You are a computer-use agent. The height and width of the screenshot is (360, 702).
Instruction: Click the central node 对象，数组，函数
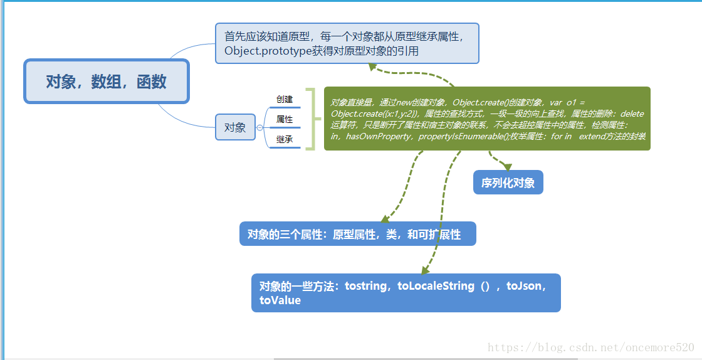(x=106, y=82)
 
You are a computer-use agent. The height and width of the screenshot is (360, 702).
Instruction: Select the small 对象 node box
(x=235, y=127)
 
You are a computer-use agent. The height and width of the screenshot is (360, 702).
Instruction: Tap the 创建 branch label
(x=285, y=99)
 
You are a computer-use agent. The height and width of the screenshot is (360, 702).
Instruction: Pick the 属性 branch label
(x=285, y=119)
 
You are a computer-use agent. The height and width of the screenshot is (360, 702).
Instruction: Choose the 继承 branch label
(x=285, y=139)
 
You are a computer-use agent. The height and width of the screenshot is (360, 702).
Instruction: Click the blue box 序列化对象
(x=508, y=183)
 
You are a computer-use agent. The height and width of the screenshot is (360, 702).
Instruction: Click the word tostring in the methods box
(x=366, y=286)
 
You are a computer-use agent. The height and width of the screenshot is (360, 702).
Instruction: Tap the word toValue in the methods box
(x=280, y=300)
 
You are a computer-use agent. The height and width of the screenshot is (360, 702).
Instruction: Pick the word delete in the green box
(x=632, y=114)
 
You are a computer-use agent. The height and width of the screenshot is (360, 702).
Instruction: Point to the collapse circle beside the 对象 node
(x=260, y=127)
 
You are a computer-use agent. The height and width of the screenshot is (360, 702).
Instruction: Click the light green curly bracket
(x=312, y=119)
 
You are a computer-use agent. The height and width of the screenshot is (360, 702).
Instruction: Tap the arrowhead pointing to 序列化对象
(x=507, y=167)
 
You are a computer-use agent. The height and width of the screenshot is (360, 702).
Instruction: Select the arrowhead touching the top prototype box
(x=374, y=66)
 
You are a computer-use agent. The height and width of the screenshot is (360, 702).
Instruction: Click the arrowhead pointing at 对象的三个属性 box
(x=385, y=218)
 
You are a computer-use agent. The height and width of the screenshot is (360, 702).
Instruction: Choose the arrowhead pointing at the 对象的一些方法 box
(x=426, y=270)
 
